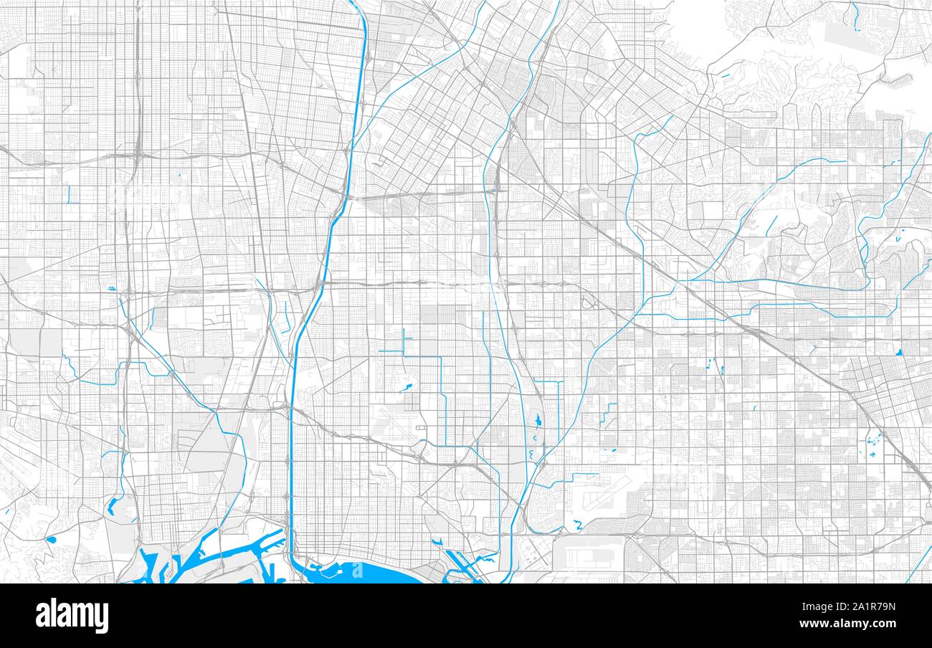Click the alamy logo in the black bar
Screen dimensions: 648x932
coord(72,615)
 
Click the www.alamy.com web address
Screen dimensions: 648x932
coord(852,624)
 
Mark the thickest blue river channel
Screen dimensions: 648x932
coord(293,430)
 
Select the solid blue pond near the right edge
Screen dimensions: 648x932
coord(898,351)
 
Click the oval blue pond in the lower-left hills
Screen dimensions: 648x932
coord(51,539)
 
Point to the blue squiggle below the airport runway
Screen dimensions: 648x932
coord(578,526)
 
